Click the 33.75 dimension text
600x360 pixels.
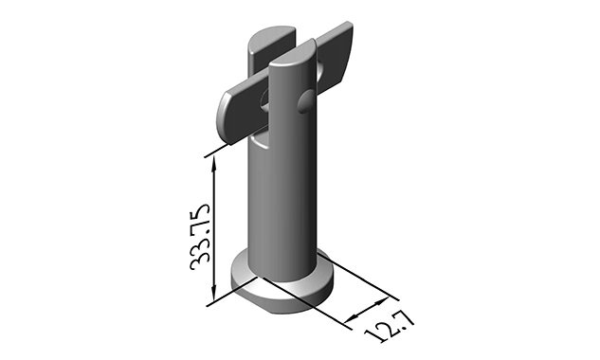pyautogui.click(x=200, y=234)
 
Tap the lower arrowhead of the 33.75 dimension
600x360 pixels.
pyautogui.click(x=218, y=295)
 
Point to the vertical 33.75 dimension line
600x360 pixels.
pyautogui.click(x=218, y=227)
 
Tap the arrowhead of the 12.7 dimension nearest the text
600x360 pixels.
pyautogui.click(x=355, y=312)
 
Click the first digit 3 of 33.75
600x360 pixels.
pyautogui.click(x=200, y=261)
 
